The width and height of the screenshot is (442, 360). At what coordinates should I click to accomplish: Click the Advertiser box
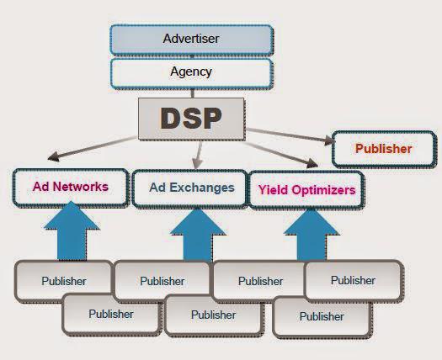pos(192,40)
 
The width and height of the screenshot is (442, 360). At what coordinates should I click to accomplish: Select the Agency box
pos(192,73)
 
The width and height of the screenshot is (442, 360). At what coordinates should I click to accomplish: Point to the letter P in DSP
pos(211,119)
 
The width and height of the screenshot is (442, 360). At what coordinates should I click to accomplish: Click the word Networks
pos(80,187)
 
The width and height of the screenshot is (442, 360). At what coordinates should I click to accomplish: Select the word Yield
pos(274,190)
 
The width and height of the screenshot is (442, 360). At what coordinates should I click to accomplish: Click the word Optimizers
pos(323,190)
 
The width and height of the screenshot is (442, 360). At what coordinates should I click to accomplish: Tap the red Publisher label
pos(383,149)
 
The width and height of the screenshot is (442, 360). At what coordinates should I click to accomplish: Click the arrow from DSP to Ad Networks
pos(93,148)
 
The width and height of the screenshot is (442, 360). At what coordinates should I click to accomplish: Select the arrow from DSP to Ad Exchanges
pos(199,155)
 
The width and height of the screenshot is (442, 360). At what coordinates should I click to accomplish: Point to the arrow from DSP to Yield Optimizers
pos(280,155)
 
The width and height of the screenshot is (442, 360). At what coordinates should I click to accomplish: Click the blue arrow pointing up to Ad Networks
pos(72,231)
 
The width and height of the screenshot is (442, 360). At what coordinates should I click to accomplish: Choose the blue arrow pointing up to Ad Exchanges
pos(197,236)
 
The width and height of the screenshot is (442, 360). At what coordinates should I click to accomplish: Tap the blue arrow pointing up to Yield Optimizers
pos(312,236)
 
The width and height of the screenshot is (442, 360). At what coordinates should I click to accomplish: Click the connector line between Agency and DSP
pos(193,93)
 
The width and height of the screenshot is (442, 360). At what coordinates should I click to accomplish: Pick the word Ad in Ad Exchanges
pos(157,188)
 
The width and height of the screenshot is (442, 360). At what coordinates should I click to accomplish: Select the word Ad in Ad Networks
pos(41,187)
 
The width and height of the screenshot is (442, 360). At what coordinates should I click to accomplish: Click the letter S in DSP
pos(192,119)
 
